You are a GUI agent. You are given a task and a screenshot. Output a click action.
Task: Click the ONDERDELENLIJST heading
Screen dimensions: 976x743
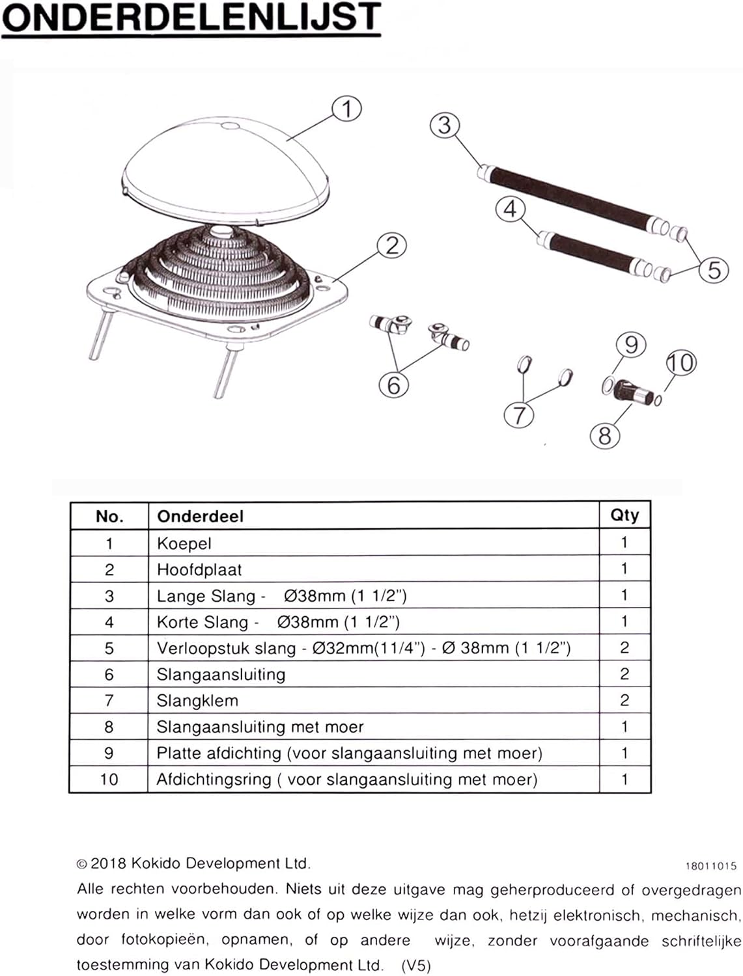click(191, 18)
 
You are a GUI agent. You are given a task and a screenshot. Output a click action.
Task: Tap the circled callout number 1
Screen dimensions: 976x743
click(346, 109)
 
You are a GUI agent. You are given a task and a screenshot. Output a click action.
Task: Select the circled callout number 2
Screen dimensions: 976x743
click(391, 246)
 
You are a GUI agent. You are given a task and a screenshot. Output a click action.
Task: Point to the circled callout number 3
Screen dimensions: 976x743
click(445, 125)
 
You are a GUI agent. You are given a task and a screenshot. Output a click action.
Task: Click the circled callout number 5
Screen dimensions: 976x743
click(714, 269)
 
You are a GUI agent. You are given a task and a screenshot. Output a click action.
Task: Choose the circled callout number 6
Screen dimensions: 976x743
click(393, 385)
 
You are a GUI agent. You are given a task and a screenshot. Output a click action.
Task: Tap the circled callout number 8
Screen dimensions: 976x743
click(604, 435)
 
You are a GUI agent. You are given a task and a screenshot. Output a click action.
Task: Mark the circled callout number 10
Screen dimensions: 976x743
click(680, 362)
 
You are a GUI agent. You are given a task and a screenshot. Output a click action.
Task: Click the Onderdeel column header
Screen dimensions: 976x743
click(200, 517)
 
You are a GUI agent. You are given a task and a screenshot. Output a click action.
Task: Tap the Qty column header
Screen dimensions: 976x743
click(624, 515)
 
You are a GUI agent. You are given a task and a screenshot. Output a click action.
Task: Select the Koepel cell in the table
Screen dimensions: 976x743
click(184, 543)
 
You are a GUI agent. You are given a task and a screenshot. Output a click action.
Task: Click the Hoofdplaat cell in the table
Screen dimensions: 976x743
click(199, 570)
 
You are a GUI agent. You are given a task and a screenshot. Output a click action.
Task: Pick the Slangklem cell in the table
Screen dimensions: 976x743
click(197, 701)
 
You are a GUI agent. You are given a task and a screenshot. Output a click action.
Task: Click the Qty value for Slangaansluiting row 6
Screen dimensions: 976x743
click(624, 674)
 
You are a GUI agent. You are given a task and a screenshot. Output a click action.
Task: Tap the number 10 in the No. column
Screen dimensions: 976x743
click(109, 779)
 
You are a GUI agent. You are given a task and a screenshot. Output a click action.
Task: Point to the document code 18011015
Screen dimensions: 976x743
click(710, 866)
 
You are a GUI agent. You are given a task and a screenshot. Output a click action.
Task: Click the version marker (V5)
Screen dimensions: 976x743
click(415, 966)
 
